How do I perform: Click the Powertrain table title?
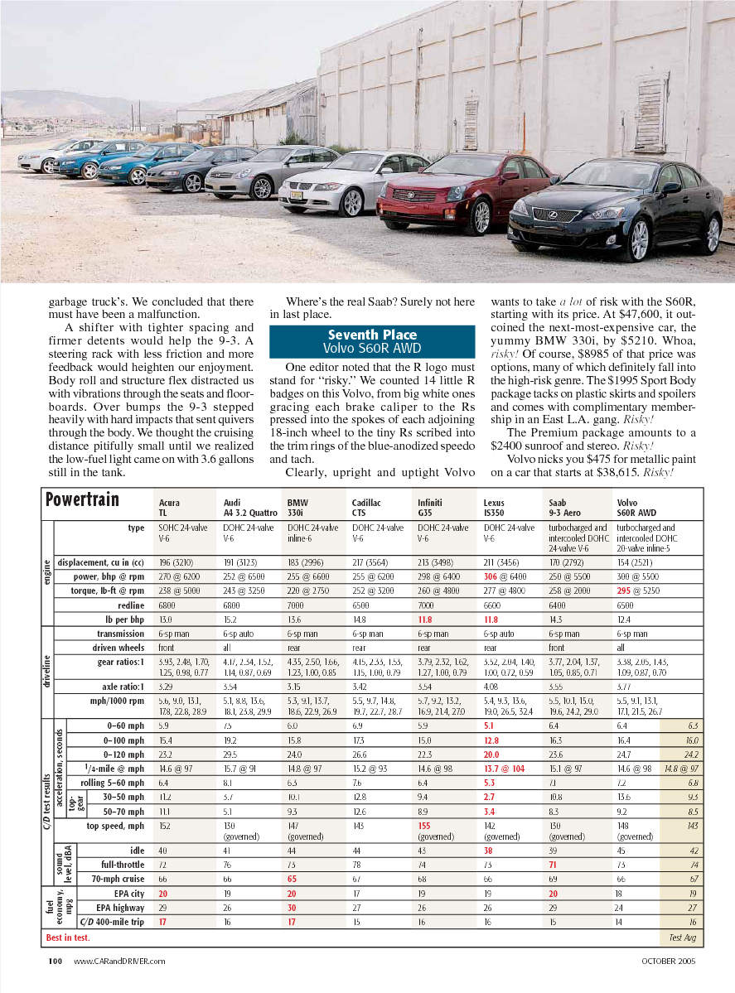pos(82,499)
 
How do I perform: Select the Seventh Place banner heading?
pos(372,340)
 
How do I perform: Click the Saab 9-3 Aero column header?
pos(566,506)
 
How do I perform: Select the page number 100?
pos(56,961)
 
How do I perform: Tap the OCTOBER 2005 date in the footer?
pos(668,961)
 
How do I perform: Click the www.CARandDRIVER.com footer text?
pos(119,961)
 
